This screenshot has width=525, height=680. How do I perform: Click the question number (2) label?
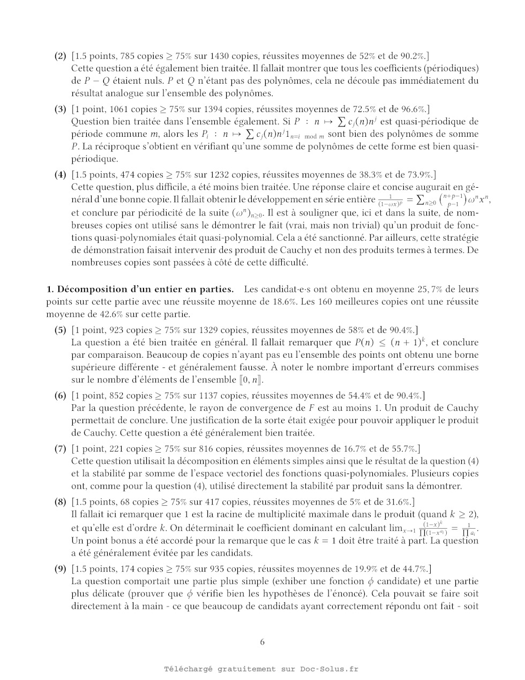pos(61,56)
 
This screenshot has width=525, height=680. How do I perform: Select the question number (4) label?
pos(61,175)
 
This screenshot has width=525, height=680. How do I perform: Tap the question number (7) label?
pos(61,449)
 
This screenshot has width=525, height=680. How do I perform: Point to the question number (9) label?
pos(61,569)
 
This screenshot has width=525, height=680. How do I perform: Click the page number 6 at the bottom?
pos(262,642)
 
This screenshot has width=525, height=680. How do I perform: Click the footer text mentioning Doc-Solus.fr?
pos(262,669)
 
